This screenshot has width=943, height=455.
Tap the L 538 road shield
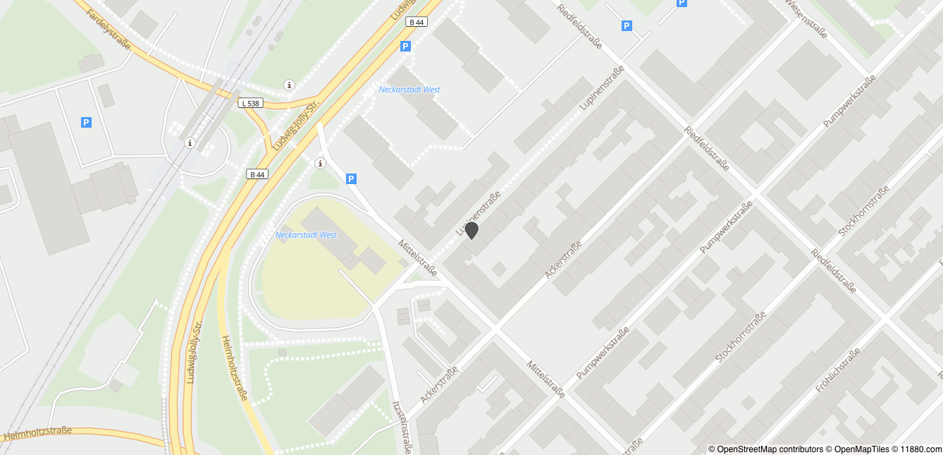click(250, 103)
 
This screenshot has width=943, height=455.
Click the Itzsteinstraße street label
click(402, 427)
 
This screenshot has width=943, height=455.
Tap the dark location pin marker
click(471, 230)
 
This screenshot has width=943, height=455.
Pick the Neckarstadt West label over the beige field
click(306, 235)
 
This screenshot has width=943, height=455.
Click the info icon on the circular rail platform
click(190, 143)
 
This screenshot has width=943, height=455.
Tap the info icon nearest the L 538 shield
click(289, 85)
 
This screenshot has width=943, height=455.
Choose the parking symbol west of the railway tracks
click(86, 122)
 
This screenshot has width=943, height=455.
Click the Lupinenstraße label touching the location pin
click(479, 213)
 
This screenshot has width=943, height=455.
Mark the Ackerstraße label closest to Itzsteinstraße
click(439, 384)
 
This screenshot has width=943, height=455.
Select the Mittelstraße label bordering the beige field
click(418, 257)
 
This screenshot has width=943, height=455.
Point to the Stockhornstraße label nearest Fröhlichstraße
click(740, 339)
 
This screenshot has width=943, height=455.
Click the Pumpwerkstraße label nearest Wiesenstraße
click(849, 101)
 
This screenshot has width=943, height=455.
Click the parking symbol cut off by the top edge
click(682, 3)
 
